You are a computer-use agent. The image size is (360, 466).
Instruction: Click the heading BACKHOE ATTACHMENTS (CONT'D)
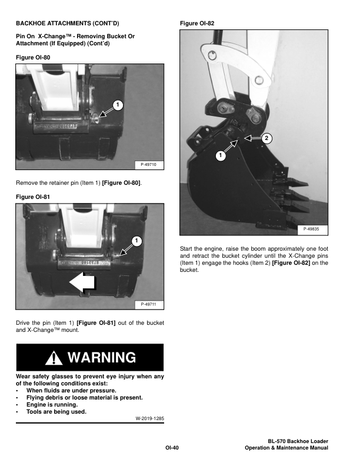click(x=67, y=24)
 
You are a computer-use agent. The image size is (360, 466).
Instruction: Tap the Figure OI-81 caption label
click(x=33, y=196)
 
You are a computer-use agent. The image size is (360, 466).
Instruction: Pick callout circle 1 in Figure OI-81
click(x=135, y=241)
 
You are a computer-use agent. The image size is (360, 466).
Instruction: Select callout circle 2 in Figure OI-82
click(x=266, y=138)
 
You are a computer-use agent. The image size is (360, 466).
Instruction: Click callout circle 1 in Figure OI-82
click(x=219, y=156)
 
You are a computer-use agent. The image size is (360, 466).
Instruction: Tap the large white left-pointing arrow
click(x=82, y=284)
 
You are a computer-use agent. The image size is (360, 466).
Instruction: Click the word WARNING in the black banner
click(x=101, y=357)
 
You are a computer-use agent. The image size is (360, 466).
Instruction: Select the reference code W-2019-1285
click(x=145, y=419)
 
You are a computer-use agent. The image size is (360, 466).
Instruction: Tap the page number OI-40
click(x=172, y=448)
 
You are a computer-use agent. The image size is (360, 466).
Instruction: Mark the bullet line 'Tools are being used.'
click(x=56, y=412)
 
